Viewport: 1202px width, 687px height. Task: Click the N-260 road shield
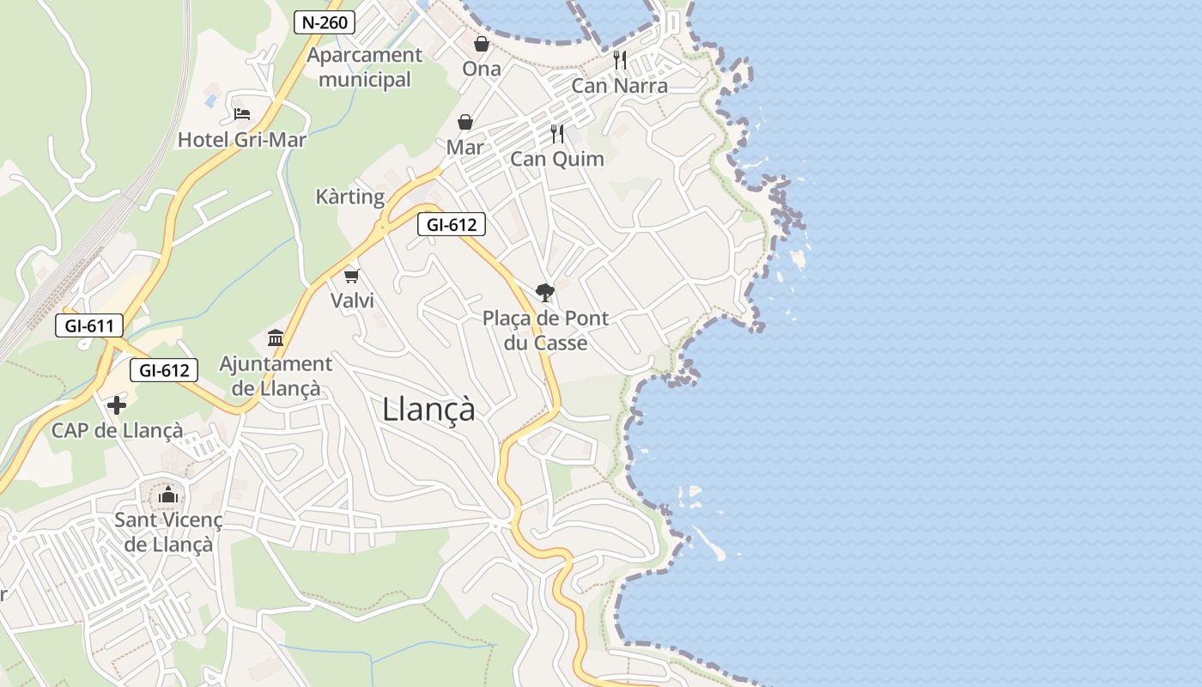click(x=325, y=22)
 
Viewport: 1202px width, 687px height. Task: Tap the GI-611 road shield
click(x=88, y=325)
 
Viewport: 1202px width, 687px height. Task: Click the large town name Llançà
click(x=428, y=409)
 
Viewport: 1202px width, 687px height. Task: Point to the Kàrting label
click(x=350, y=197)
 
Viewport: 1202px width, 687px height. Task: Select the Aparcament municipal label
click(x=365, y=67)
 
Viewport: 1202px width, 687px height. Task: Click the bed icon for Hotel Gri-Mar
click(x=242, y=113)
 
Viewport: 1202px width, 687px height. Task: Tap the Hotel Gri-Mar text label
click(x=242, y=139)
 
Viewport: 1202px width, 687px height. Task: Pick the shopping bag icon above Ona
click(x=482, y=43)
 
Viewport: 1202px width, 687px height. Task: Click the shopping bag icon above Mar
click(x=465, y=122)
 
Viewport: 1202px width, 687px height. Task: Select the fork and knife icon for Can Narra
click(x=620, y=60)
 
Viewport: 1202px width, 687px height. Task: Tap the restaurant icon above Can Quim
click(x=557, y=133)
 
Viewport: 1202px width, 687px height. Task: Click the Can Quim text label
click(x=557, y=159)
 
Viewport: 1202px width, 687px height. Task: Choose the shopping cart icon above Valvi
click(x=351, y=275)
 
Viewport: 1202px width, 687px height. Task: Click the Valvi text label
click(x=352, y=301)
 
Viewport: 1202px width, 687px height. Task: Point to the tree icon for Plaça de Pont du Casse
click(x=544, y=293)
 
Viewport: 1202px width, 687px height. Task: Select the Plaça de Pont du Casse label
click(x=545, y=331)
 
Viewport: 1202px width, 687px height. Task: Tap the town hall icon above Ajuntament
click(x=276, y=337)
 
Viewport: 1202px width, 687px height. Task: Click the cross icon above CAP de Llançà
click(x=117, y=404)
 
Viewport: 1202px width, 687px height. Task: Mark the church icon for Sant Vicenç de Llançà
click(x=168, y=495)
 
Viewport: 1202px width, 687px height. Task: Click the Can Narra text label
click(x=619, y=86)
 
